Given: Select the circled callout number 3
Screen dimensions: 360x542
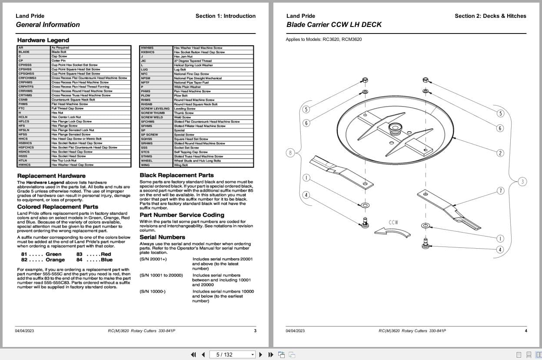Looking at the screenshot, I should pos(522,182).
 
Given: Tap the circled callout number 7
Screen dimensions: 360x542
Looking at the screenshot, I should pos(500,191).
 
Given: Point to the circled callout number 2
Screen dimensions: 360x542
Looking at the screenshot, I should pos(500,153).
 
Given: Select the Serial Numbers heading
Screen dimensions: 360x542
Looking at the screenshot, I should pos(162,237).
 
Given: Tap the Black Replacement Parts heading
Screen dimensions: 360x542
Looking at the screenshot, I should pos(176,175).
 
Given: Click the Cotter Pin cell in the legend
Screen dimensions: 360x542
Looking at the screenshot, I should pos(58,60).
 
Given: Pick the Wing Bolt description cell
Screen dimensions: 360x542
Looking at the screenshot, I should pos(181,165).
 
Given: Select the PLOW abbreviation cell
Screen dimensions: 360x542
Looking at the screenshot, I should pos(146,96).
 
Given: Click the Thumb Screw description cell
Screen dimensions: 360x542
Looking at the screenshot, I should pos(183,113).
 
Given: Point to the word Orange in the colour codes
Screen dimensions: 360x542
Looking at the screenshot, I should pos(55,260).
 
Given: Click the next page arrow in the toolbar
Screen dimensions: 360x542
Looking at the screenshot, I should pos(261,354).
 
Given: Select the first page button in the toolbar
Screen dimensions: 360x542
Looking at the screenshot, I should pos(194,354).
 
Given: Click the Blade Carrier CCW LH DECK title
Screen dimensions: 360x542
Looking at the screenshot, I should pos(334,25).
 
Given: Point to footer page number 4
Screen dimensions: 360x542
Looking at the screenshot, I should pos(525,331).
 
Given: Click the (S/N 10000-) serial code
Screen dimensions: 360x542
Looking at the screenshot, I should pos(152,291).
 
